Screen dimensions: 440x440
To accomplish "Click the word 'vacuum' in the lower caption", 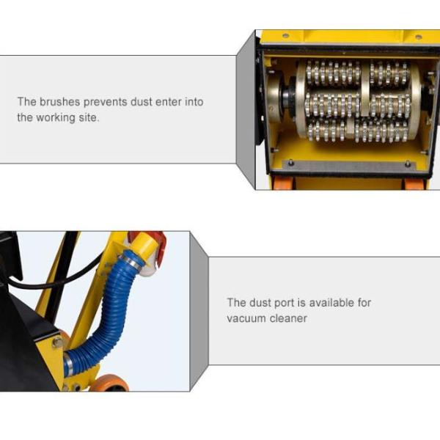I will [246, 318].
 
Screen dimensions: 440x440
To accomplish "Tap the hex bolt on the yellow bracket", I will [56, 342].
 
